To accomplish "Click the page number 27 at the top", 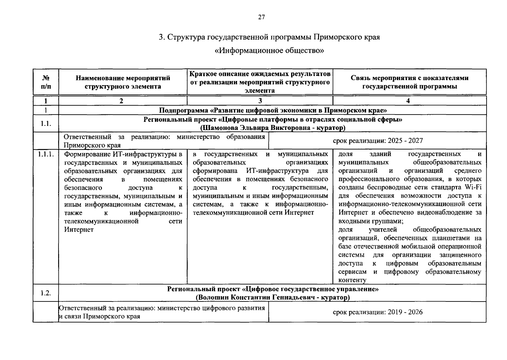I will pos(261,17).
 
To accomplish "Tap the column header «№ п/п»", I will pos(46,82).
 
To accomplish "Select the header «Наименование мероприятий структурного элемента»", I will pos(123,82).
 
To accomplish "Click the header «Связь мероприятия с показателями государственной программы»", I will pos(410,82).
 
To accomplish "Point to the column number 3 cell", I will pos(260,101).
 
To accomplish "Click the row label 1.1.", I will pos(46,124).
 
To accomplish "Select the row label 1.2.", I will pos(46,293).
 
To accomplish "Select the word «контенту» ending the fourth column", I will pos(352,280).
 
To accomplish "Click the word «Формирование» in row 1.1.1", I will pos(85,154).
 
